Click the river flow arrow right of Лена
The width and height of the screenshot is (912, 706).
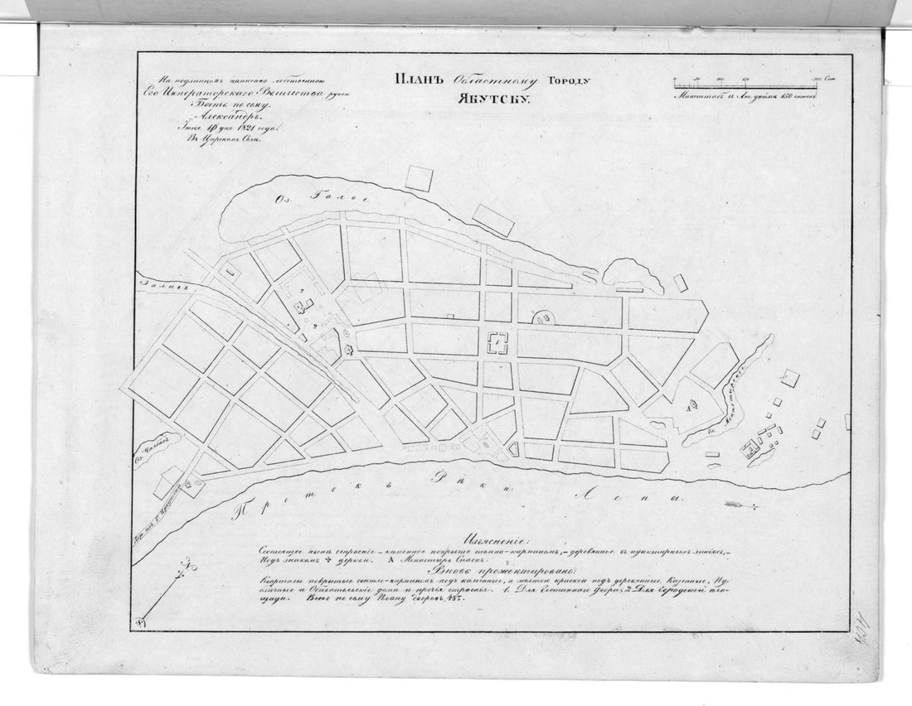pyautogui.click(x=740, y=504)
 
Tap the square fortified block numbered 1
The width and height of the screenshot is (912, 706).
pyautogui.click(x=498, y=342)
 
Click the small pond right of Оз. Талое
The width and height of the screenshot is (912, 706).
pyautogui.click(x=633, y=275)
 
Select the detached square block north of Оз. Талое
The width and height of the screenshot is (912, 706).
pyautogui.click(x=419, y=178)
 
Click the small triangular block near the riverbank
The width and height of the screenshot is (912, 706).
pyautogui.click(x=513, y=449)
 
